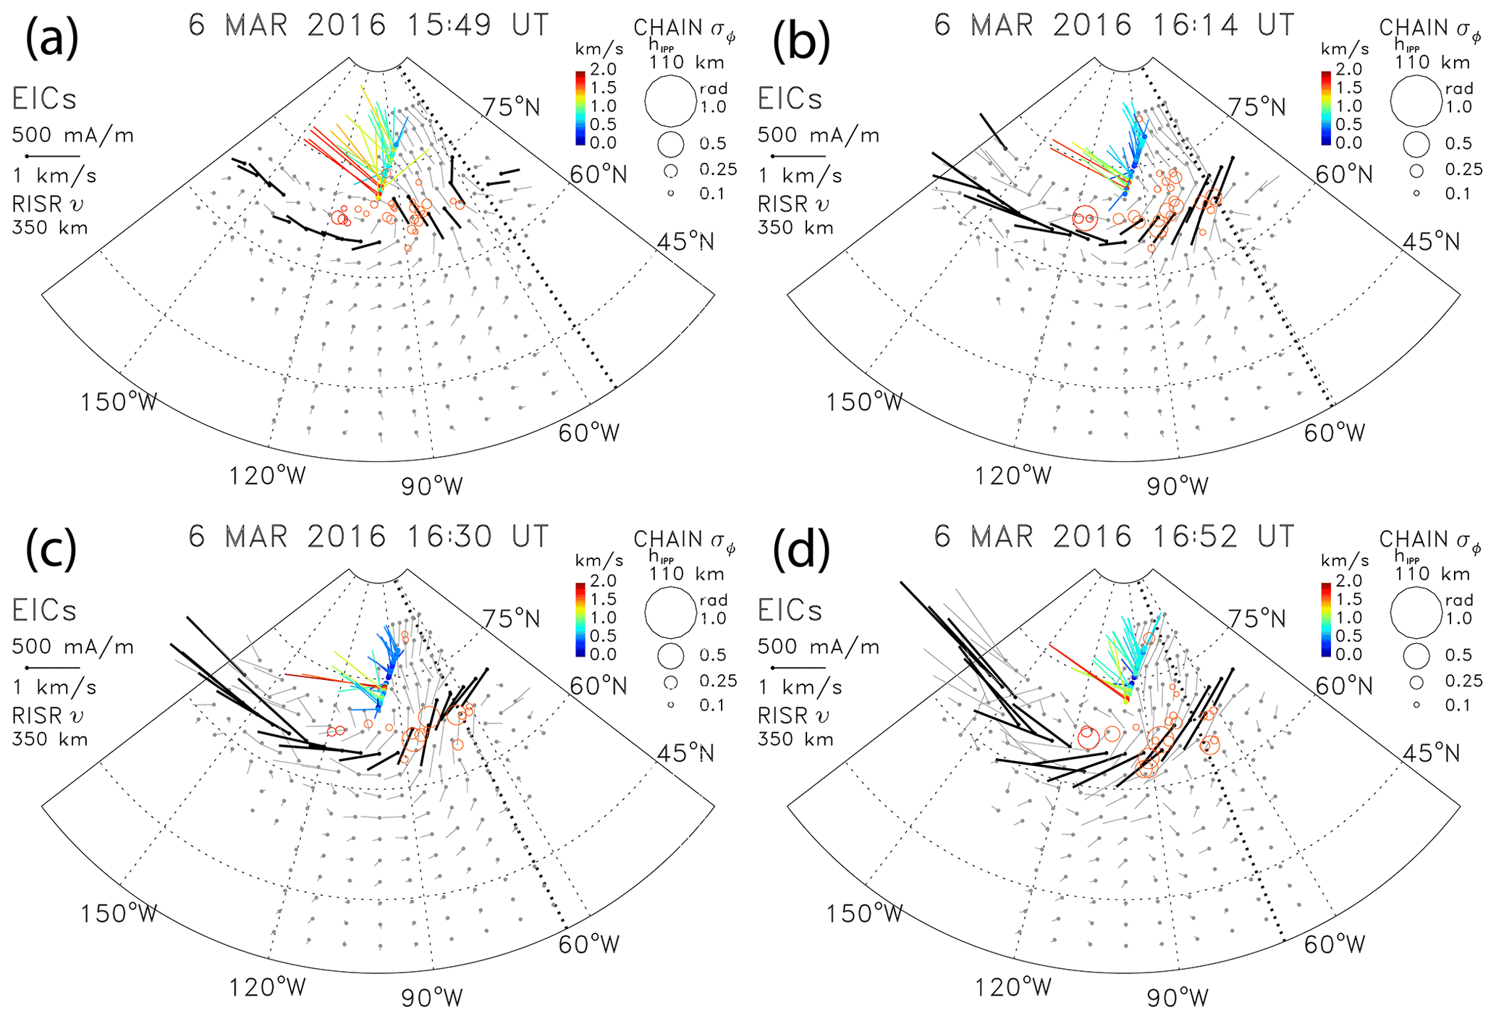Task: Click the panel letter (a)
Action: pyautogui.click(x=51, y=40)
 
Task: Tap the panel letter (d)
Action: pyautogui.click(x=800, y=550)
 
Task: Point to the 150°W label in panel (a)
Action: pyautogui.click(x=119, y=402)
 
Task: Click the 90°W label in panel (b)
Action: pyautogui.click(x=1178, y=486)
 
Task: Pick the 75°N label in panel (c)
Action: pyautogui.click(x=512, y=619)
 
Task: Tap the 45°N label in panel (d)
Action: pyautogui.click(x=1431, y=754)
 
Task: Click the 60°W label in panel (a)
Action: pyautogui.click(x=588, y=433)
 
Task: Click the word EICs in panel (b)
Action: pyautogui.click(x=790, y=99)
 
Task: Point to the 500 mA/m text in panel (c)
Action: pyautogui.click(x=73, y=647)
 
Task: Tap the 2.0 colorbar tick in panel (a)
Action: pyautogui.click(x=604, y=70)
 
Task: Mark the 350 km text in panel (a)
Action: pyautogui.click(x=50, y=228)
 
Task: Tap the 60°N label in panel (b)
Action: pyautogui.click(x=1344, y=175)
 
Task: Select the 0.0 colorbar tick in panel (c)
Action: pyautogui.click(x=604, y=654)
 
